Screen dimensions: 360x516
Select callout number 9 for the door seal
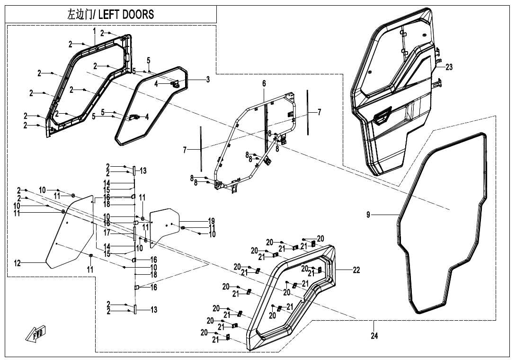coord(368,215)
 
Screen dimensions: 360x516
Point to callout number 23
coord(449,67)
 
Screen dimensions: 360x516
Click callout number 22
coord(356,270)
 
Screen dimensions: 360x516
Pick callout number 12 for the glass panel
coord(18,263)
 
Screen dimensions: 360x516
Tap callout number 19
coord(211,221)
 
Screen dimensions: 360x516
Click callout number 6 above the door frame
coord(264,84)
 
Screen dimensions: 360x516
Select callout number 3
coord(207,80)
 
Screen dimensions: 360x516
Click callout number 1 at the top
coord(94,31)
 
